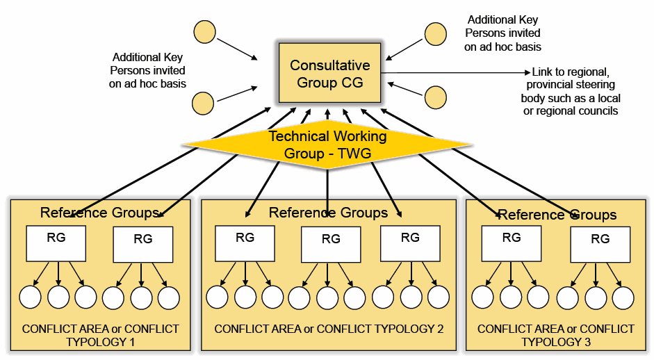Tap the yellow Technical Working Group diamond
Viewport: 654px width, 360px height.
click(x=327, y=145)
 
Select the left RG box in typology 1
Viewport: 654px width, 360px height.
click(x=56, y=243)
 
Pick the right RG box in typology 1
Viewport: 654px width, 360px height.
click(x=142, y=245)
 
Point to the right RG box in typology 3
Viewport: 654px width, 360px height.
click(x=600, y=245)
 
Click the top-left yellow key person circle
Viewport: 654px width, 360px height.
click(x=204, y=33)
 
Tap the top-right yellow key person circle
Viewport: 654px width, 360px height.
click(x=436, y=34)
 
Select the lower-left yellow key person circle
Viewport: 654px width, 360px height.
click(x=203, y=103)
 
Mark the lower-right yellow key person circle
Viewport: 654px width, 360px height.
click(x=436, y=97)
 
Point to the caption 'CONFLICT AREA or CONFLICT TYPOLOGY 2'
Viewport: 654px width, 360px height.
click(x=329, y=329)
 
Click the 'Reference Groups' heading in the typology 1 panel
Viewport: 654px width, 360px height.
click(x=99, y=213)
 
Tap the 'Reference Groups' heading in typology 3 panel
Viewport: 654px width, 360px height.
click(x=557, y=215)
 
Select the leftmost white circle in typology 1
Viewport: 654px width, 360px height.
click(x=31, y=297)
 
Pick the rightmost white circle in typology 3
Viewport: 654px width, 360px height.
click(x=623, y=297)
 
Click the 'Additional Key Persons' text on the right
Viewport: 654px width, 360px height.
click(x=502, y=33)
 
